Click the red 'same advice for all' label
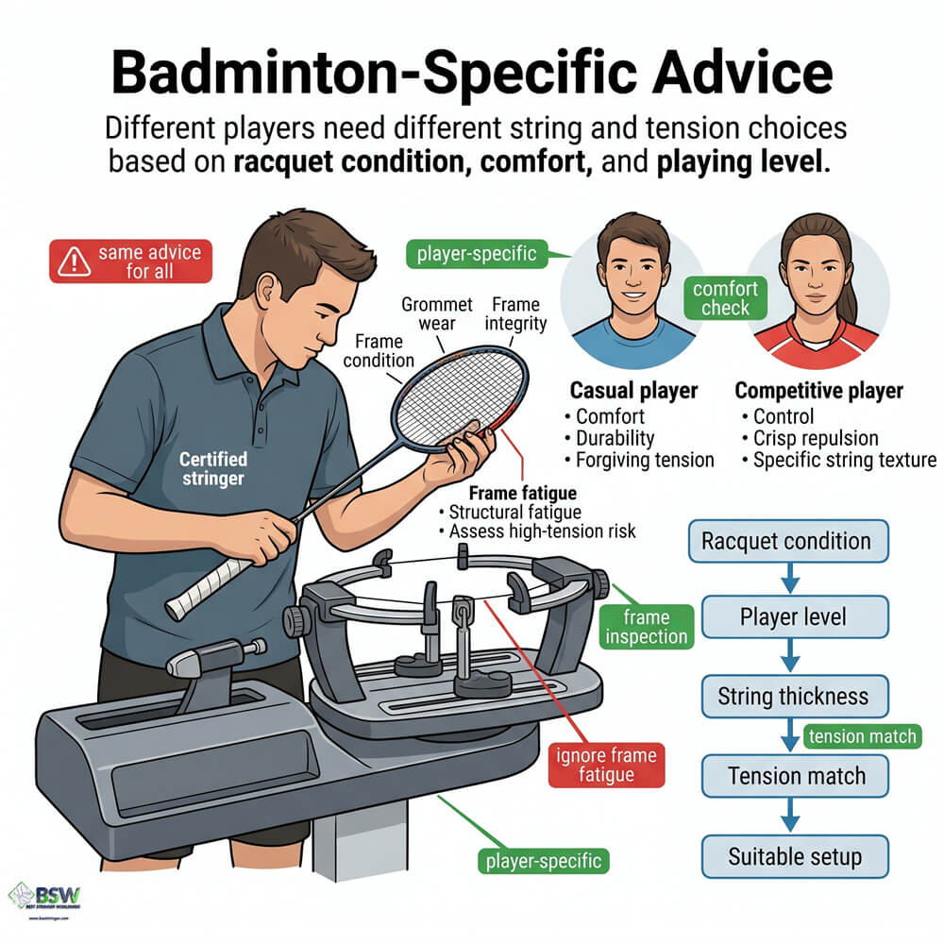coord(131,261)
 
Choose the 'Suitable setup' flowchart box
coord(795,857)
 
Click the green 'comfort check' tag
coord(725,297)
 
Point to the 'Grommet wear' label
coord(435,314)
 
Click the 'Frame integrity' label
coord(515,314)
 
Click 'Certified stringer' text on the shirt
coord(214,469)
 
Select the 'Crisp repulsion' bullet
coord(815,438)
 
